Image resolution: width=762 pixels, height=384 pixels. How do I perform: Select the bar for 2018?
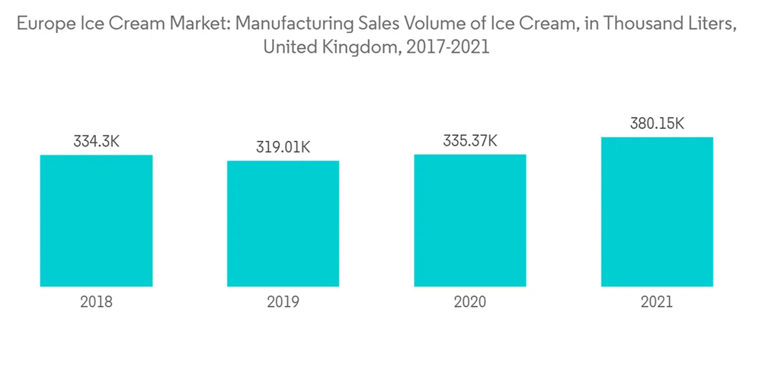(96, 221)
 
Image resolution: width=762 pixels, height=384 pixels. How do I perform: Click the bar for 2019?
(283, 223)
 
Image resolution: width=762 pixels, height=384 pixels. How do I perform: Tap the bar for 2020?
(470, 220)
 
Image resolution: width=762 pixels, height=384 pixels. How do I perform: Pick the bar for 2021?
(657, 212)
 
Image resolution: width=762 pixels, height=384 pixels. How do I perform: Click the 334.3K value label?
(96, 142)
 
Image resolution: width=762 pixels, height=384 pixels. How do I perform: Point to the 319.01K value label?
(283, 147)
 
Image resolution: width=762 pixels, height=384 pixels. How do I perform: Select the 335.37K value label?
(470, 141)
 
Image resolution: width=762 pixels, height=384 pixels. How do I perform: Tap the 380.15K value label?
(657, 123)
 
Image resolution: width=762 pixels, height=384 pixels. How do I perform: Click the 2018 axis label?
(96, 302)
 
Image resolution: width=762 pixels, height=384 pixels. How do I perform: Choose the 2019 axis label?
(283, 302)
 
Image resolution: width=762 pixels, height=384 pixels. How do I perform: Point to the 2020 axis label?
(470, 302)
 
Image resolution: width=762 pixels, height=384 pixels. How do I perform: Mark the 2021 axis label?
(657, 302)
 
